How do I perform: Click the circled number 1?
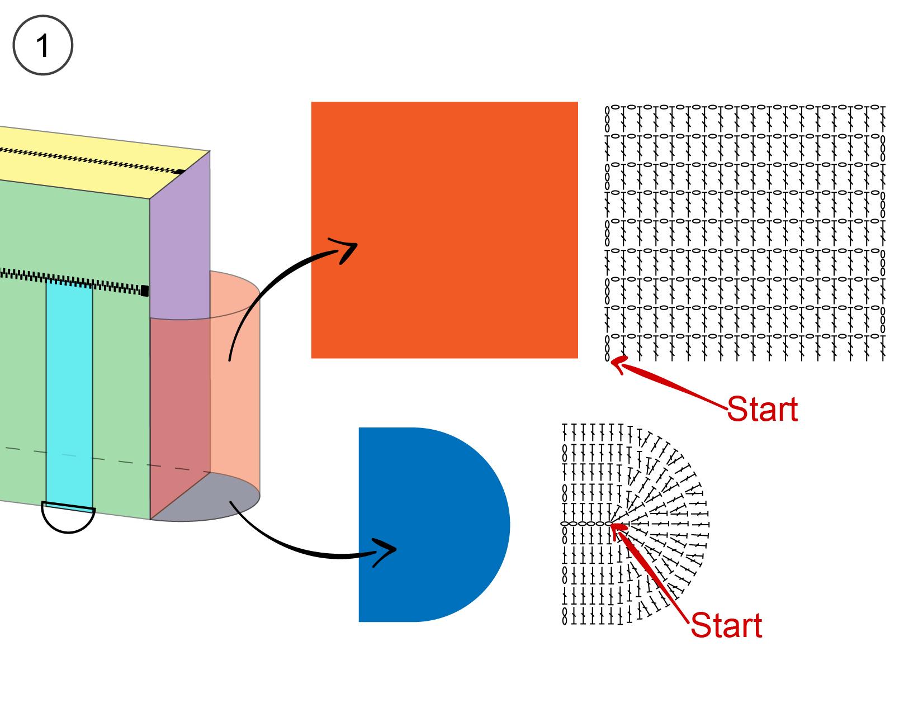[x=43, y=45]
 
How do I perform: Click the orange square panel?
[x=444, y=230]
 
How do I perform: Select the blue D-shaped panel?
[x=434, y=525]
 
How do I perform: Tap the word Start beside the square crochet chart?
[x=763, y=409]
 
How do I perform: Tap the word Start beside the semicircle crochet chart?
[x=726, y=625]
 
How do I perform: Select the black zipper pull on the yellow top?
[x=181, y=172]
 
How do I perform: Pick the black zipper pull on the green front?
[x=144, y=291]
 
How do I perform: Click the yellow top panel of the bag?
[x=98, y=162]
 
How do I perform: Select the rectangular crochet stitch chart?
[x=745, y=233]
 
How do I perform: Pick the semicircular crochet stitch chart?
[x=635, y=525]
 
